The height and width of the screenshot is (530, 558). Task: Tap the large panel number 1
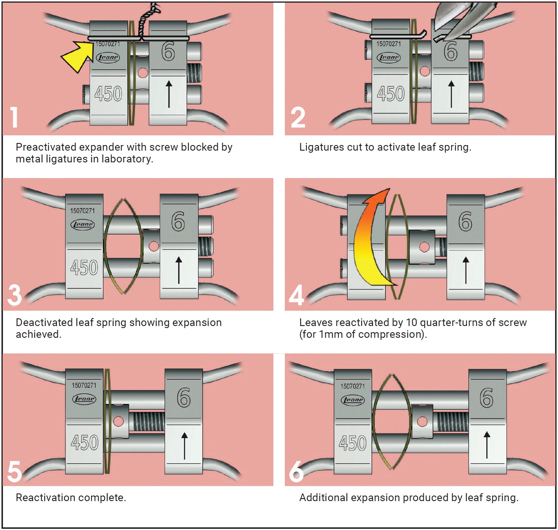(x=14, y=117)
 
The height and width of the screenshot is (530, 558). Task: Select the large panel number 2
(x=298, y=117)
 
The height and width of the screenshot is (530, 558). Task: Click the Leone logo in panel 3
(x=82, y=225)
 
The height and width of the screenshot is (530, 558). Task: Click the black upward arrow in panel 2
(x=451, y=94)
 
